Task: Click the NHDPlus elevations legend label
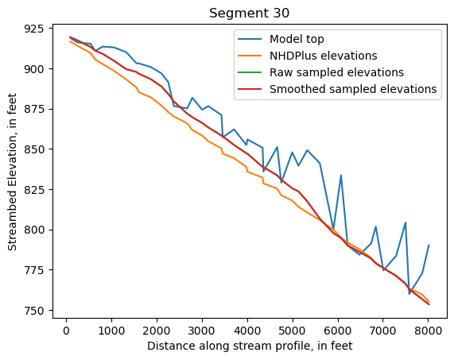(x=323, y=56)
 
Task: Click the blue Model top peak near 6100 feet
(x=341, y=176)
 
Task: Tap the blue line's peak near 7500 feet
(x=405, y=223)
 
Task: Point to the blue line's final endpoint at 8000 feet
(x=429, y=246)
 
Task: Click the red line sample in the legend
(x=248, y=89)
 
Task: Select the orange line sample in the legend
(x=248, y=56)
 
